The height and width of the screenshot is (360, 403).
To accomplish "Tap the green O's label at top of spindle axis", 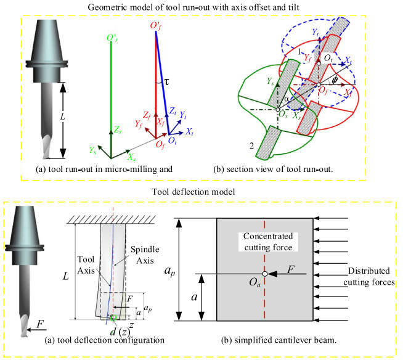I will [x=112, y=38].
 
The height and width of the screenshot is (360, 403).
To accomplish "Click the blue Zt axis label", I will [x=173, y=112].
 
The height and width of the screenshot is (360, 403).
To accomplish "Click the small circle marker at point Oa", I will [x=264, y=274].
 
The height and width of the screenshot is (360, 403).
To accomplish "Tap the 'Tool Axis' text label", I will [x=87, y=266].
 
